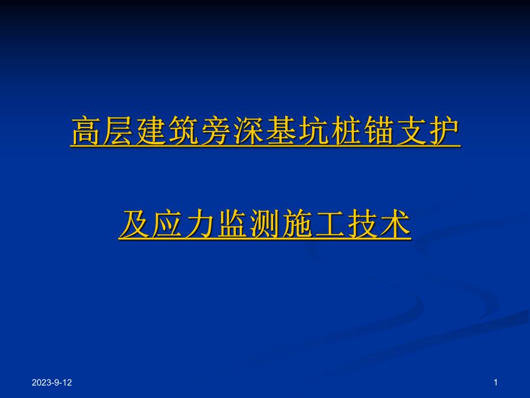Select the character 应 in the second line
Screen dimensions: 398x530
tap(168, 224)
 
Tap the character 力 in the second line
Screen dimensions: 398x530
tap(200, 224)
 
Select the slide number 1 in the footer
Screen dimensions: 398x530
tap(496, 382)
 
